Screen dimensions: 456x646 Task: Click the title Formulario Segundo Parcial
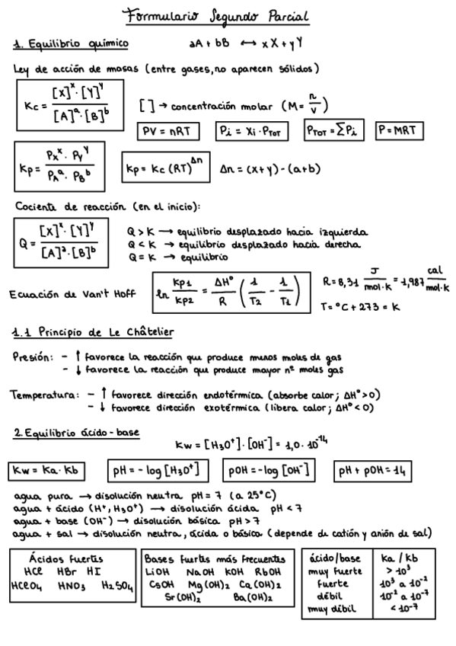228,16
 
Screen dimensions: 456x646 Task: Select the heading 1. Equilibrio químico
70,43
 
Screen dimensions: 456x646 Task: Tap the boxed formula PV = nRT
167,131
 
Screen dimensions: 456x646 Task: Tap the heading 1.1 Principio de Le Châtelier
94,332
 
